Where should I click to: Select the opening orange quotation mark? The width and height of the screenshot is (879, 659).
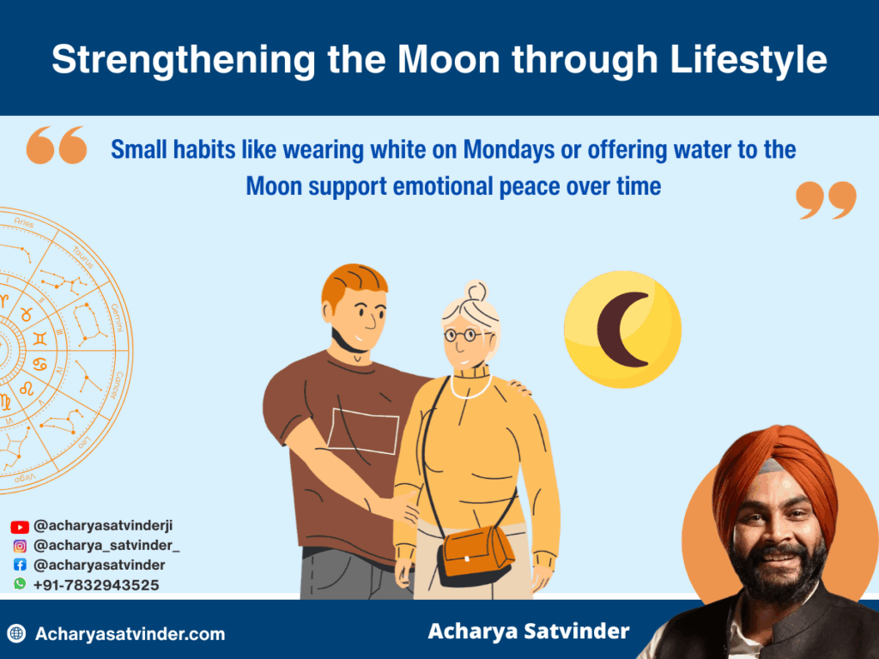coord(57,145)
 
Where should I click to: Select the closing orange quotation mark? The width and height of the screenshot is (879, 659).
coord(826,200)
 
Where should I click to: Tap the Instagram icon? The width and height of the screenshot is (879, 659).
coord(20,546)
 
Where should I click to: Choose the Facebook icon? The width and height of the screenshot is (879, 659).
coord(20,565)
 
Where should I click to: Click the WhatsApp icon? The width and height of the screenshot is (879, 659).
coord(20,583)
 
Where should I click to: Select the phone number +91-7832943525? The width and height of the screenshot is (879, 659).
coord(96,584)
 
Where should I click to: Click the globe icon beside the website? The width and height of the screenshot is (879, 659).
coord(16,634)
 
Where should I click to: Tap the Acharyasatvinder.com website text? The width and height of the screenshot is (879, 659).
coord(130,634)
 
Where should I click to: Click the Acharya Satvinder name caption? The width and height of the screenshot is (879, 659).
coord(528,632)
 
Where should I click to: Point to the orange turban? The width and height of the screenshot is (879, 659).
coord(773,468)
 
